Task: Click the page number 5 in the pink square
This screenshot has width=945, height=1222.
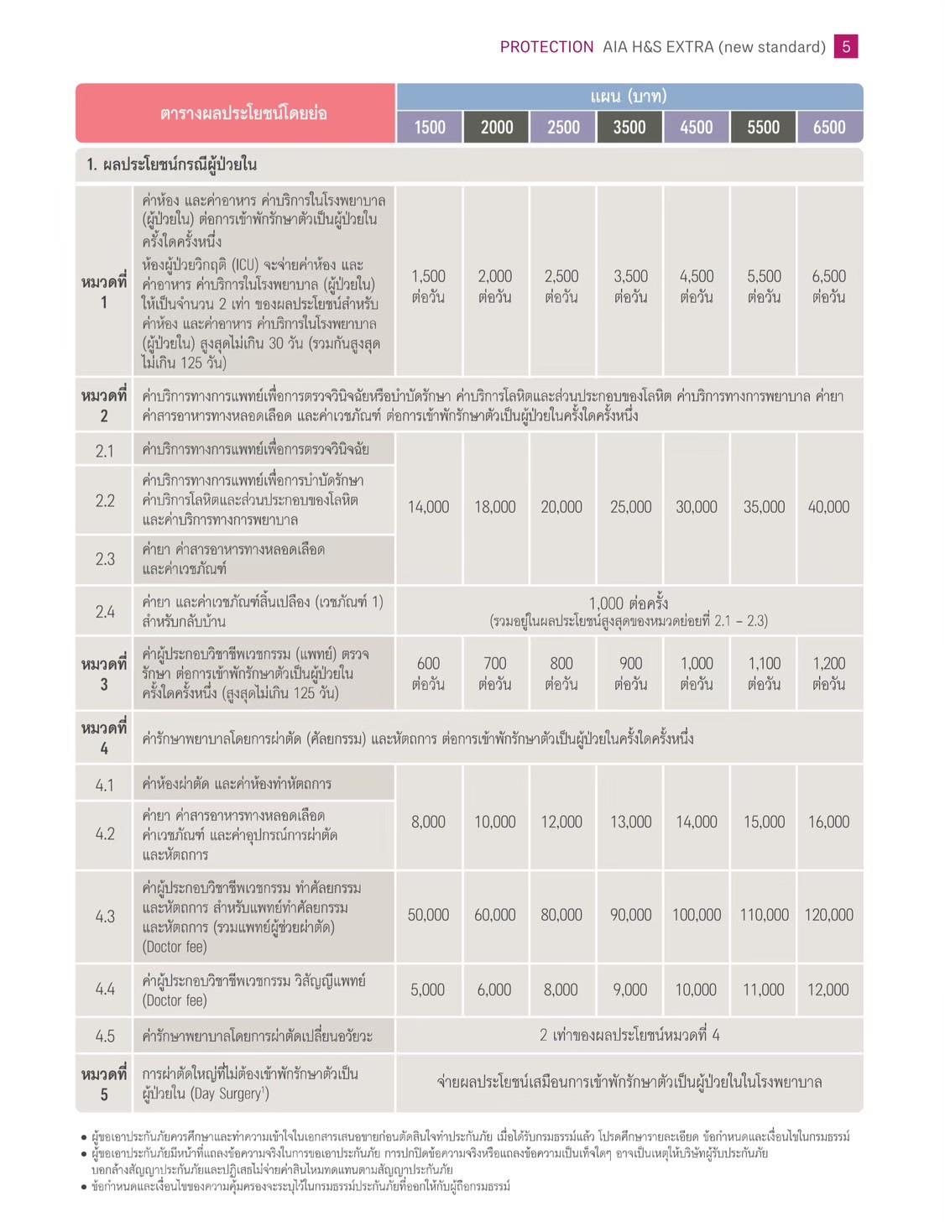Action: click(x=845, y=46)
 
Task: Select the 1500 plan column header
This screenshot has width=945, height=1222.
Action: click(x=430, y=127)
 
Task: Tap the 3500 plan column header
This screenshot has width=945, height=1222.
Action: click(x=629, y=127)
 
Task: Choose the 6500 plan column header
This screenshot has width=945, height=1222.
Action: click(x=829, y=127)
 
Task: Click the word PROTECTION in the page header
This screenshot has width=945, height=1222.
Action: click(x=546, y=47)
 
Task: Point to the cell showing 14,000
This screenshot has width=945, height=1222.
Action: click(x=428, y=507)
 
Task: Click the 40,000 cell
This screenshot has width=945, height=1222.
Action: click(x=828, y=507)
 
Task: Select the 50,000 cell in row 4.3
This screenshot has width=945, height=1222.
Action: click(x=428, y=915)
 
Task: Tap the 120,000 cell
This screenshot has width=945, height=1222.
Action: click(x=828, y=915)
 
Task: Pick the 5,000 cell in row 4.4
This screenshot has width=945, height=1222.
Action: click(x=427, y=990)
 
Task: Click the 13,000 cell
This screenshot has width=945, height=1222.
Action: click(x=630, y=822)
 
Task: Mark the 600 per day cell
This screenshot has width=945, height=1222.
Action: click(x=428, y=673)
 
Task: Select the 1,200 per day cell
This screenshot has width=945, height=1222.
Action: click(x=828, y=673)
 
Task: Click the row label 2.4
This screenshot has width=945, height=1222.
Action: click(x=105, y=612)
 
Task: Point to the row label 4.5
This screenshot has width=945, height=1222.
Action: click(x=105, y=1036)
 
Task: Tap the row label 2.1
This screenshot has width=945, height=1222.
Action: click(x=105, y=451)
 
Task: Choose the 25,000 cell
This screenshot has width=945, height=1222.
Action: click(x=630, y=507)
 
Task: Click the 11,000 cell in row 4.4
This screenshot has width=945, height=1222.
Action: click(x=763, y=990)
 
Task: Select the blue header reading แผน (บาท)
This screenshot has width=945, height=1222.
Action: click(x=629, y=97)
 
